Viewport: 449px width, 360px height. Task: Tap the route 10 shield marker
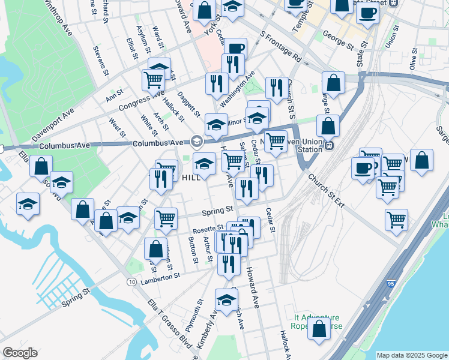pyautogui.click(x=131, y=281)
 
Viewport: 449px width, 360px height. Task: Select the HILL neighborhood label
pyautogui.click(x=191, y=178)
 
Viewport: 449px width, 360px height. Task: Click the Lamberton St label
pyautogui.click(x=160, y=277)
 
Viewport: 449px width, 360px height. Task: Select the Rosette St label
pyautogui.click(x=208, y=229)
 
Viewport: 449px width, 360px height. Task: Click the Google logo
pyautogui.click(x=20, y=352)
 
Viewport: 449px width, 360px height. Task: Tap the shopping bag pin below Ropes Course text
pyautogui.click(x=319, y=329)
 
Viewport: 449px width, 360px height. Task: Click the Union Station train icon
pyautogui.click(x=328, y=146)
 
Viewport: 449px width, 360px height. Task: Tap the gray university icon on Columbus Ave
pyautogui.click(x=196, y=142)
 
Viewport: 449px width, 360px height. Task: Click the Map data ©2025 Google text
pyautogui.click(x=412, y=355)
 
